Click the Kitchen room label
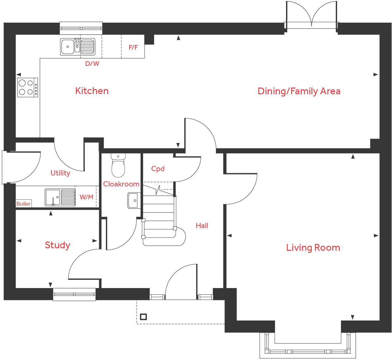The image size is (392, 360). click(x=92, y=91)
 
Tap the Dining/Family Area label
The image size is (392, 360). click(x=299, y=92)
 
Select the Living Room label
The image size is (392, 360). click(x=313, y=248)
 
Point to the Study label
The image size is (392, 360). click(x=58, y=245)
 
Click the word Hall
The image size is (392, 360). click(x=202, y=226)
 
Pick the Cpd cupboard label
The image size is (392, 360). click(x=158, y=169)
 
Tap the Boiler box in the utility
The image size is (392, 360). click(x=24, y=204)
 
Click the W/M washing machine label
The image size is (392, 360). click(x=86, y=197)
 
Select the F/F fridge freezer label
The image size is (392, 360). click(x=133, y=47)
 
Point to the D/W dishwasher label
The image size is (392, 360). click(x=92, y=63)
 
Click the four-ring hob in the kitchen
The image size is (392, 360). click(x=28, y=88)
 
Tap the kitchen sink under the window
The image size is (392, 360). click(x=78, y=47)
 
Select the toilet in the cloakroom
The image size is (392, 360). click(x=118, y=165)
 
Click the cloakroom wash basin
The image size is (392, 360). click(x=134, y=201)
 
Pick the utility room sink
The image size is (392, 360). click(x=60, y=197)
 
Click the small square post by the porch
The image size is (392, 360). click(x=143, y=317)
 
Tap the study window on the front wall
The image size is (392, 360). click(x=74, y=294)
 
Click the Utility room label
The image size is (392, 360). click(x=60, y=173)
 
